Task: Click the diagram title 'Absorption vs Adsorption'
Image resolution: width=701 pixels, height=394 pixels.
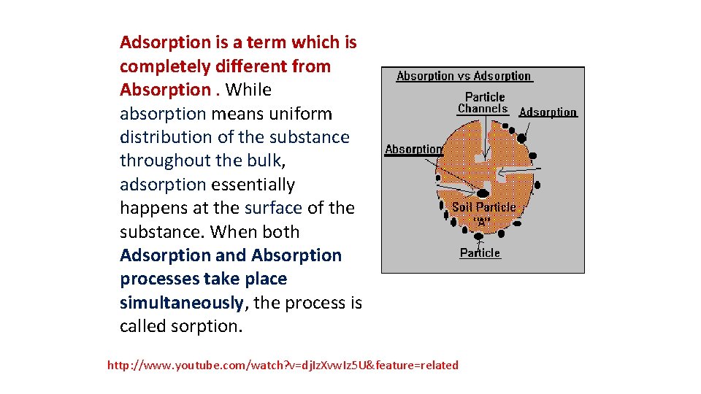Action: (x=464, y=76)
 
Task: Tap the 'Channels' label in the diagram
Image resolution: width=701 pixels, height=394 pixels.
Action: (x=482, y=109)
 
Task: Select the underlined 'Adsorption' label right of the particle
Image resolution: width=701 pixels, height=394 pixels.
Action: (x=548, y=112)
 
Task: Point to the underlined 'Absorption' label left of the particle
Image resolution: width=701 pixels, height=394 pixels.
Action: (x=413, y=149)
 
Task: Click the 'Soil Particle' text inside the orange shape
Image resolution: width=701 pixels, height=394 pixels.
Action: (x=483, y=207)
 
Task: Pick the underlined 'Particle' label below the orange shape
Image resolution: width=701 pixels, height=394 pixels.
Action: (x=480, y=253)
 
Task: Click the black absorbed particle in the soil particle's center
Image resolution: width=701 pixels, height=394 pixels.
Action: (x=483, y=193)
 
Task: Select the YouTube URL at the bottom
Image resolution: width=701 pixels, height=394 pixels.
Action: (x=283, y=365)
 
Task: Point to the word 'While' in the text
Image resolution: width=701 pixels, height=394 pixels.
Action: (x=248, y=90)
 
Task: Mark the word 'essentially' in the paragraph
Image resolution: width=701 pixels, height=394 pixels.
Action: (x=253, y=185)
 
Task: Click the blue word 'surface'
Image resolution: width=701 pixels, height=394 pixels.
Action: (x=273, y=208)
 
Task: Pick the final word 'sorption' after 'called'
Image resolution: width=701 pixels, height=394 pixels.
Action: (x=206, y=326)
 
